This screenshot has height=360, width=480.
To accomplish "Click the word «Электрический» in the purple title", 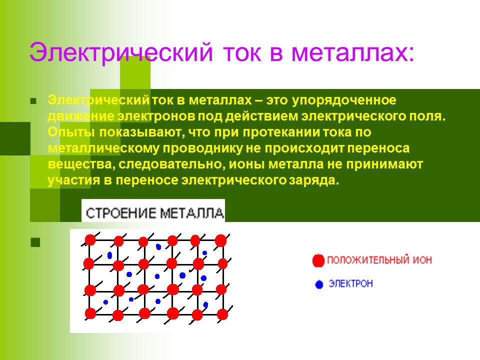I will (120, 52).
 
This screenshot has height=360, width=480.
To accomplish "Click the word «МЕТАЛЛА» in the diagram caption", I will (192, 213).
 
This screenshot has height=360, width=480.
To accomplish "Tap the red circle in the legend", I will (318, 260).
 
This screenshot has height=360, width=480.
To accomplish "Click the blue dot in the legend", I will (319, 284).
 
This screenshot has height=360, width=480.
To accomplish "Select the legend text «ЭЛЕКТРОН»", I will (350, 284).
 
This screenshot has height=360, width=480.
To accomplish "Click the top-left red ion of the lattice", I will (90, 240).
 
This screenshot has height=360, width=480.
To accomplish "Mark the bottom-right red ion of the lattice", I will (222, 314).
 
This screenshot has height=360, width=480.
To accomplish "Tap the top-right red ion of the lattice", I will (220, 240).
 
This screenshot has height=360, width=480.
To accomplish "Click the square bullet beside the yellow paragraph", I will (34, 101).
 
